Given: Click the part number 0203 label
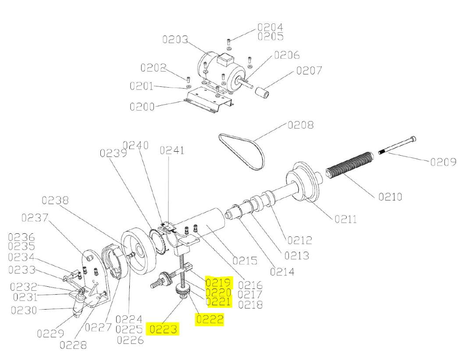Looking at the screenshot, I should click(175, 39).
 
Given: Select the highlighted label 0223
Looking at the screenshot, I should click(164, 329).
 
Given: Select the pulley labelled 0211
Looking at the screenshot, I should click(302, 184).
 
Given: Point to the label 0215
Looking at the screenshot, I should click(245, 260).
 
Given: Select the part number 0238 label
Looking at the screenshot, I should click(55, 200).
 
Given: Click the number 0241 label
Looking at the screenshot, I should click(172, 150).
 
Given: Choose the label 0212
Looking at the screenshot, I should click(299, 240).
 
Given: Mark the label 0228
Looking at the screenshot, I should click(73, 345).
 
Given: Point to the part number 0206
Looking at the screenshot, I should click(287, 55).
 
